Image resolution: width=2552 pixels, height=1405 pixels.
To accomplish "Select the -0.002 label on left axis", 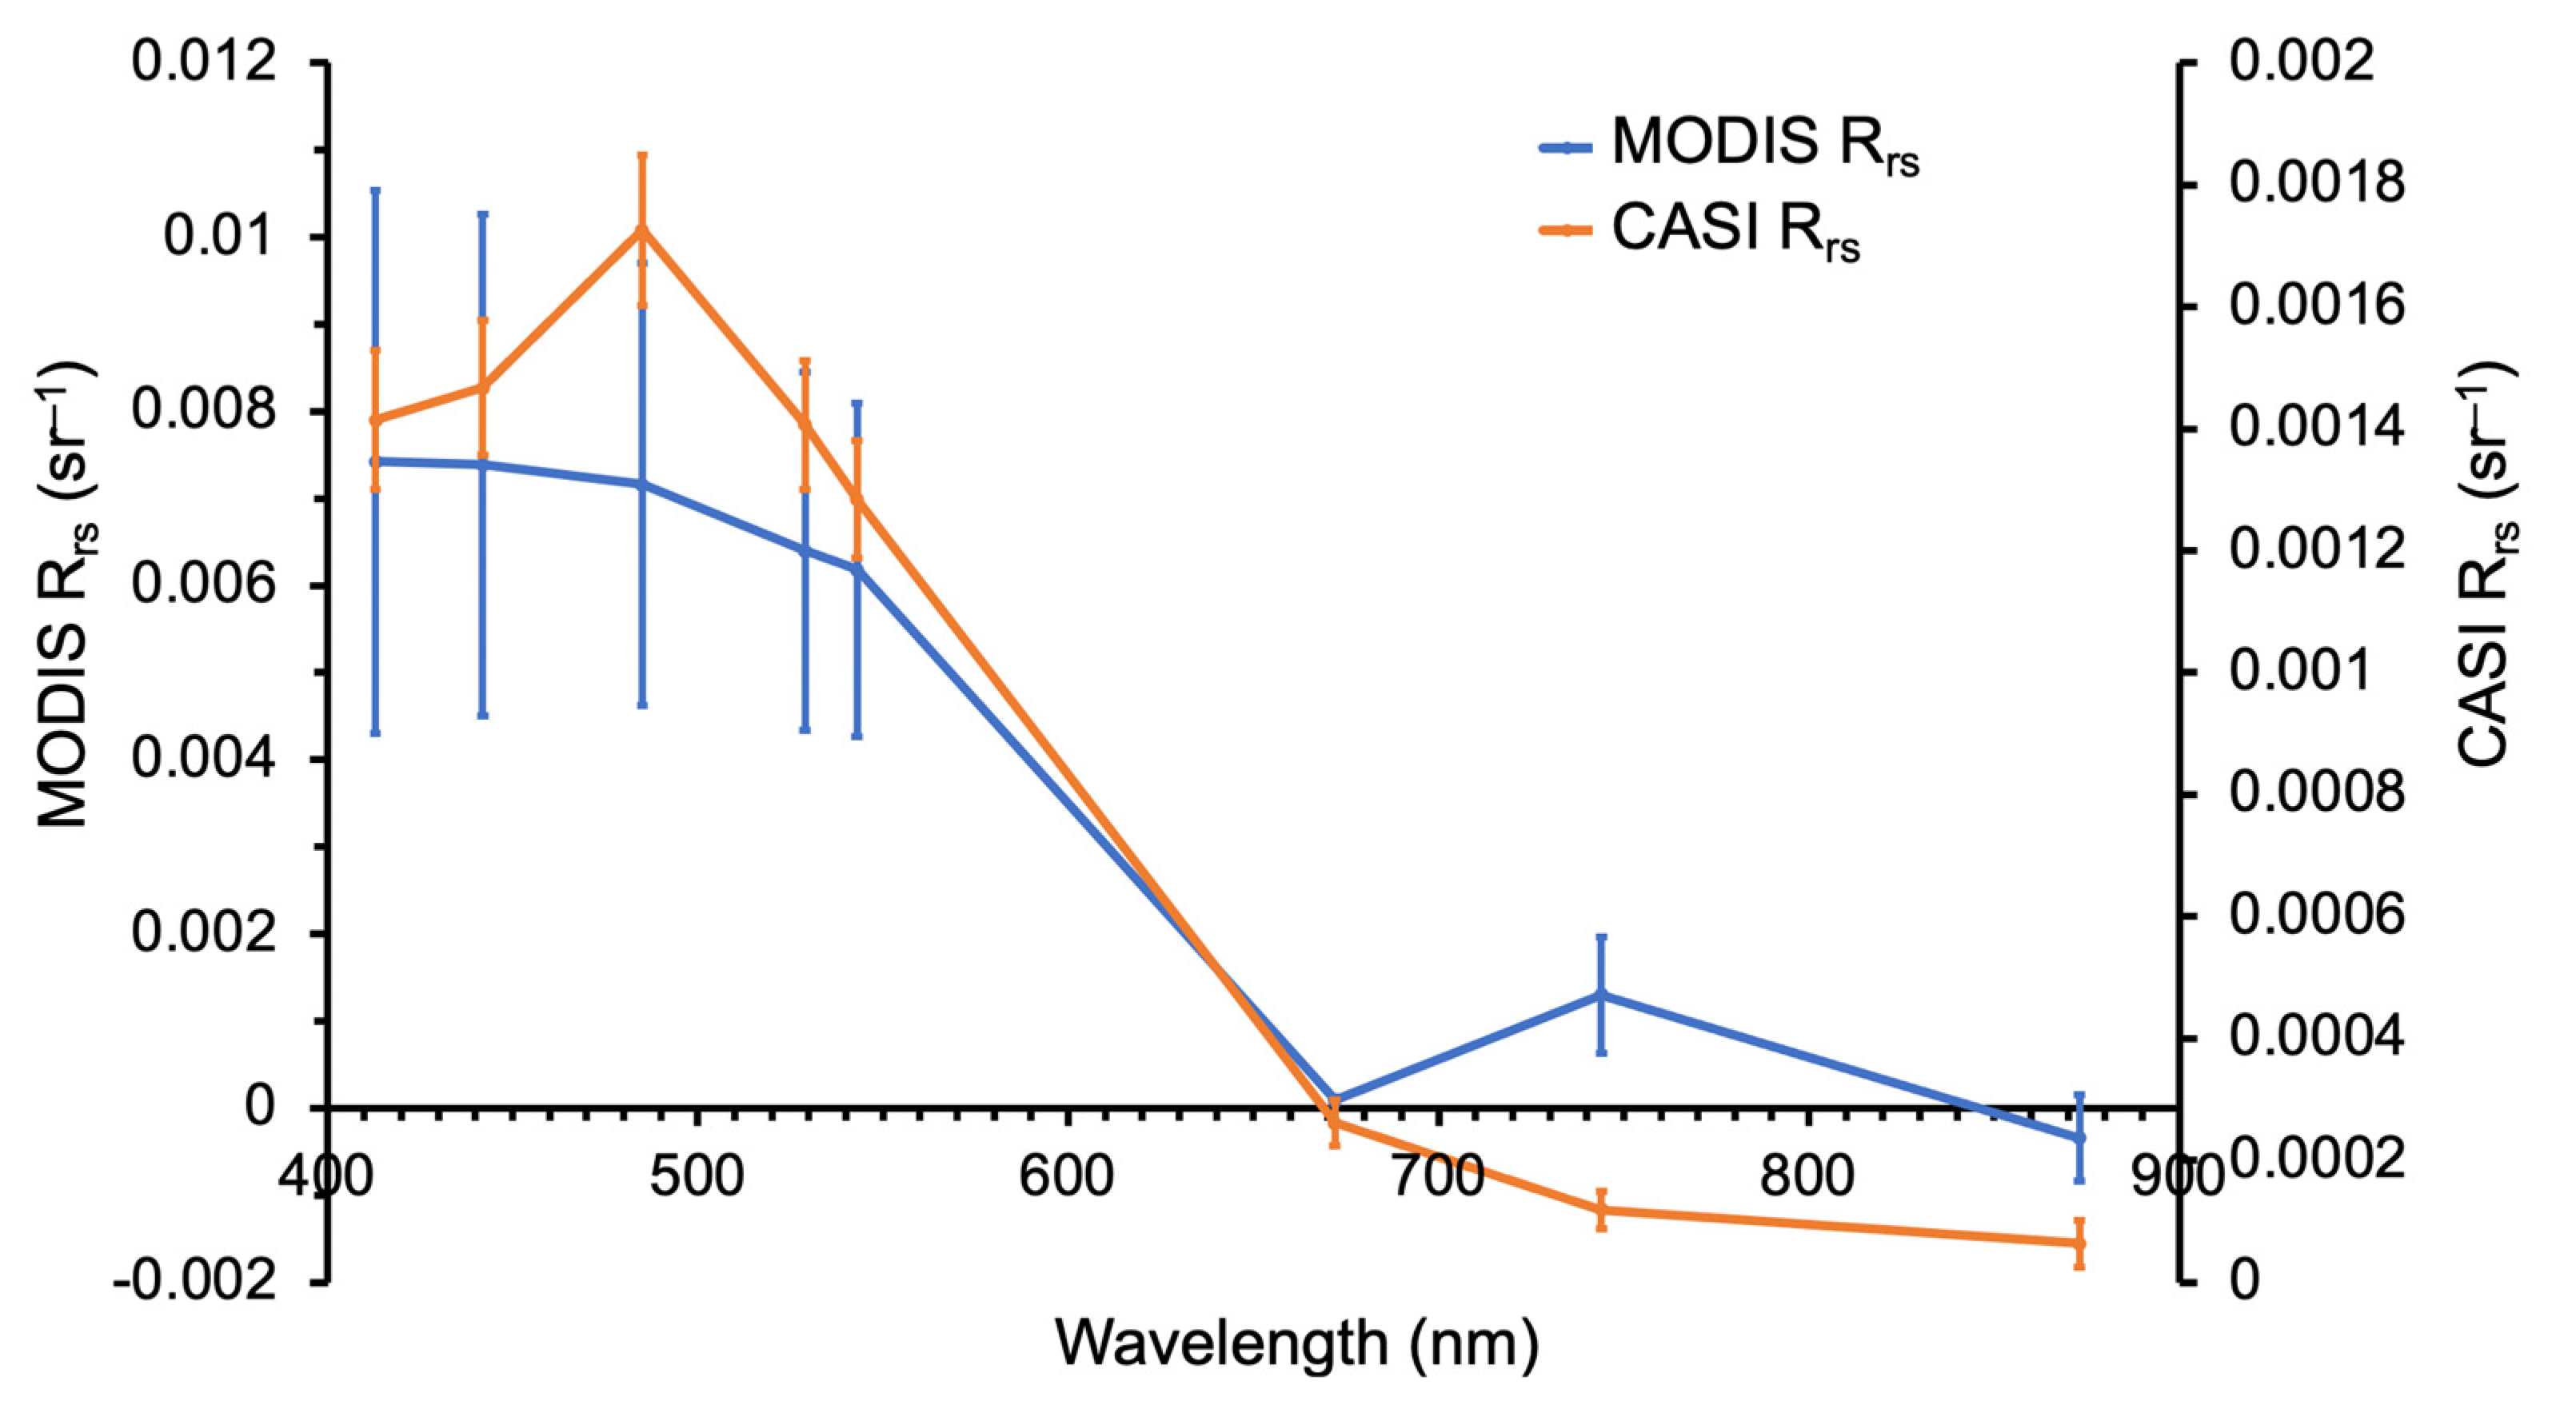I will [x=194, y=1282].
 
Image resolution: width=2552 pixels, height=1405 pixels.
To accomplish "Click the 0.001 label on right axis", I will [x=2288, y=672].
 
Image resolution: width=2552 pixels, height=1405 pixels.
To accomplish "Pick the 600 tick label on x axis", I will [x=1067, y=1178].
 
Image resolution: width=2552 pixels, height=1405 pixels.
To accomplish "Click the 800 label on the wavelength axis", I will [x=1808, y=1178].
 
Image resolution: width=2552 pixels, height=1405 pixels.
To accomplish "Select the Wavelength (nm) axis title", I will [x=1297, y=1344].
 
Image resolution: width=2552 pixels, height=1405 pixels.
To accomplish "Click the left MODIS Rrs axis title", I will [x=67, y=594].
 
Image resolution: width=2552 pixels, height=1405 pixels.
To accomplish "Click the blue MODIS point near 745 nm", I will [x=1601, y=994].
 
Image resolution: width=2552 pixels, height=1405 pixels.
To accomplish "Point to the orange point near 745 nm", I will [x=1601, y=1210].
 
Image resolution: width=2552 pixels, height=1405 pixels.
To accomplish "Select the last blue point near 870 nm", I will [x=2079, y=1136].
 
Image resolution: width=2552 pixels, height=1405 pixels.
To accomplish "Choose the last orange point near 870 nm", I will [x=2079, y=1243].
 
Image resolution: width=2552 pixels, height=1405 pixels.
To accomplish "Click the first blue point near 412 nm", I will [x=375, y=461].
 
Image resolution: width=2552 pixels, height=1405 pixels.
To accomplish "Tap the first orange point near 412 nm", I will [x=375, y=420].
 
